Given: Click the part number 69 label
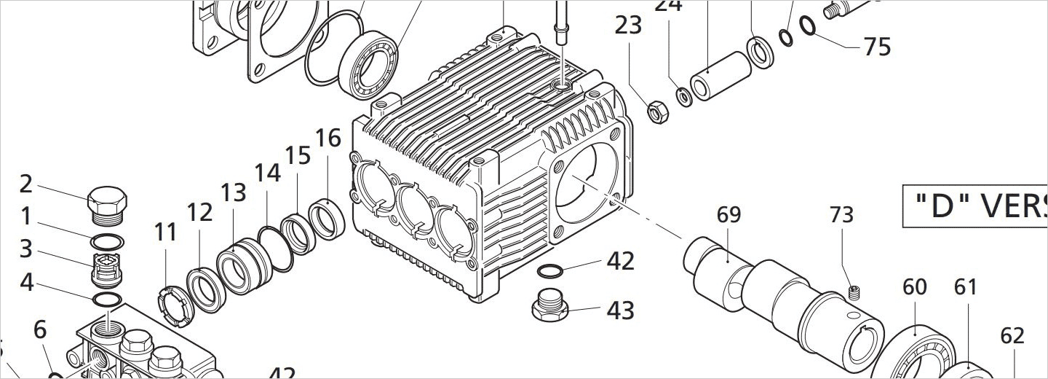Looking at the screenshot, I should [x=729, y=215].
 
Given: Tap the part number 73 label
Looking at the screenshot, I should [x=841, y=215].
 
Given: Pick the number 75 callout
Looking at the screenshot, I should [x=877, y=47].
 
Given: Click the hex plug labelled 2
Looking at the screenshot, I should [x=108, y=203].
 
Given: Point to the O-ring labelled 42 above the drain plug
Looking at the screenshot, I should [x=550, y=271].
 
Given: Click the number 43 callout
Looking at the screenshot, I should [x=620, y=310].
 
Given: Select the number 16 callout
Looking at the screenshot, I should [x=327, y=138].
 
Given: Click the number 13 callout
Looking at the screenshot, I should [x=233, y=193].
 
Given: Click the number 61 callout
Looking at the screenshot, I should [x=965, y=287].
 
